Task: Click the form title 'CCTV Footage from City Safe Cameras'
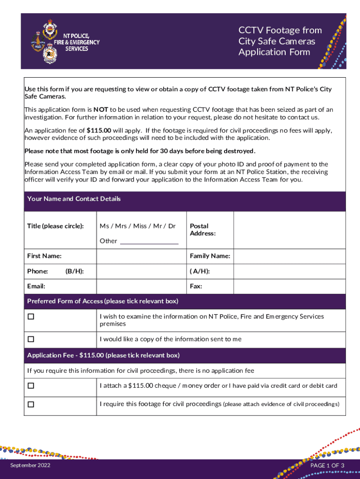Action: click(280, 36)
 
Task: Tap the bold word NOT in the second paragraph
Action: click(101, 109)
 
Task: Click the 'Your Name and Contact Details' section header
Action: click(74, 199)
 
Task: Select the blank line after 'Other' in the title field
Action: click(149, 241)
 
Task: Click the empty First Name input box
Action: click(141, 256)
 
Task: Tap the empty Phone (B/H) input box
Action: click(141, 271)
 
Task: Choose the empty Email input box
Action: click(141, 285)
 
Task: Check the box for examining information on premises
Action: click(31, 317)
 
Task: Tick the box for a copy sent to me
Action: click(31, 339)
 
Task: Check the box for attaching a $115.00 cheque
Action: click(31, 386)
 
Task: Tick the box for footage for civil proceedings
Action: click(31, 404)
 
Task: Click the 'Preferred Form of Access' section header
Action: click(102, 301)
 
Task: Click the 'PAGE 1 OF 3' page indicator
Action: click(327, 465)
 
